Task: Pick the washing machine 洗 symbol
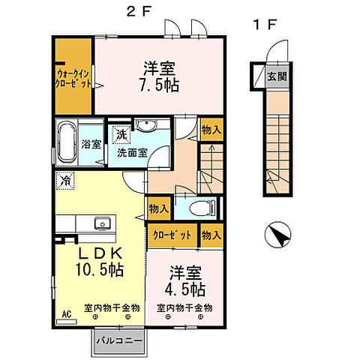(x=118, y=135)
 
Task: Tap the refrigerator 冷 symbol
(x=66, y=180)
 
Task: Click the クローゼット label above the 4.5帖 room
(x=173, y=235)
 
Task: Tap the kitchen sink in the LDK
(x=100, y=221)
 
